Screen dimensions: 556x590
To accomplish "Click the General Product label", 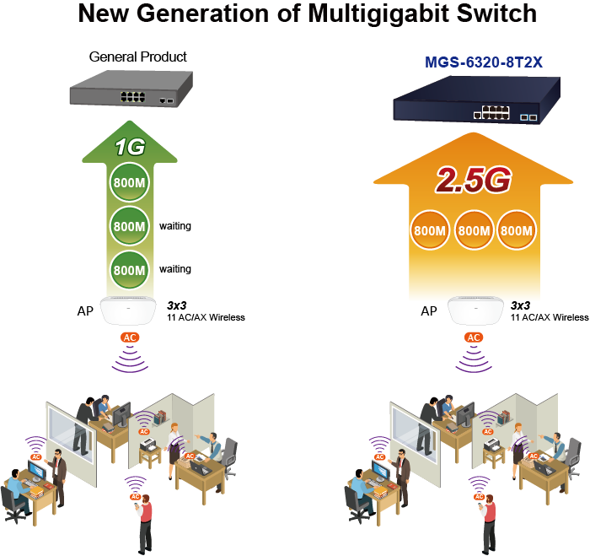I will [138, 57].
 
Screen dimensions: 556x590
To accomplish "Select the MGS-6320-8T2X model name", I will [485, 62].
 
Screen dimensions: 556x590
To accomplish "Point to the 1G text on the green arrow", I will [131, 148].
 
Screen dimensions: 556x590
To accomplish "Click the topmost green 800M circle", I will [130, 185].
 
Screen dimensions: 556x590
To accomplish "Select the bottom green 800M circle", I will [130, 269].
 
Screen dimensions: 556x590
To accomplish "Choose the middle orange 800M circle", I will [475, 229].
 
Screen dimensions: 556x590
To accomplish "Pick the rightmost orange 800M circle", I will [517, 229].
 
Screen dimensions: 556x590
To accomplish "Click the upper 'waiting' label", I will [175, 226].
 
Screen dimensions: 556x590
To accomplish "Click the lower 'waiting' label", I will [175, 269].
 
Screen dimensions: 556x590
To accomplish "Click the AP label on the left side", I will [84, 311].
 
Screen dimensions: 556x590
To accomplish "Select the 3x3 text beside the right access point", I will [520, 305].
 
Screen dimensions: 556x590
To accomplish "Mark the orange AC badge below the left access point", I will [130, 337].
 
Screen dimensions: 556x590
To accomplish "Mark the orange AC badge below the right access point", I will [474, 337].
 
